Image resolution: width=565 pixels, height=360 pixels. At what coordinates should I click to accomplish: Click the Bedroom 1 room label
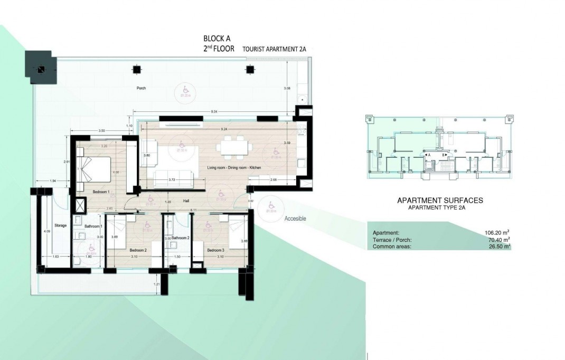click(100, 192)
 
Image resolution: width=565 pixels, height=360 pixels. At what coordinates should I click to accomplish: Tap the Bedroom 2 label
click(138, 250)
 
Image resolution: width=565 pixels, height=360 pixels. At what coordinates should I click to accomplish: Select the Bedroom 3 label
click(215, 250)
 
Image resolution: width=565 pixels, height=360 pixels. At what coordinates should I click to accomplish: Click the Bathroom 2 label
click(180, 238)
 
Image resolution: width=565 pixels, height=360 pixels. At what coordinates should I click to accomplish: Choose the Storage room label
click(60, 225)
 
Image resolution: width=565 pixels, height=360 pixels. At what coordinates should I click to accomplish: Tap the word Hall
click(186, 201)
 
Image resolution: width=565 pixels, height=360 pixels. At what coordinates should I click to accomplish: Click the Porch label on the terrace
click(141, 88)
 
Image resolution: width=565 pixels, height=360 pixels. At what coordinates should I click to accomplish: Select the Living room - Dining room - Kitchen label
click(234, 167)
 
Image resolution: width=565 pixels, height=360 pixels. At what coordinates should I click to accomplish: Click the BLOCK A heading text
click(217, 38)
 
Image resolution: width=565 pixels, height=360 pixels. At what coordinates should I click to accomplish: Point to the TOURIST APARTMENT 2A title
click(274, 49)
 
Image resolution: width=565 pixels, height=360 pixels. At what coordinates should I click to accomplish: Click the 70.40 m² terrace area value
click(498, 239)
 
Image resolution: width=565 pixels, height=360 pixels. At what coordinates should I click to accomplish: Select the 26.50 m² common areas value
click(498, 246)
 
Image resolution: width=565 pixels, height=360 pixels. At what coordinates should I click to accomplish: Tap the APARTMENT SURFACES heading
click(439, 201)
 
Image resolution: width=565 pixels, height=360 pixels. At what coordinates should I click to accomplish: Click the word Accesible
click(295, 219)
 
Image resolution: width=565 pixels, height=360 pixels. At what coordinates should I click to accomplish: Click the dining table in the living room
click(234, 147)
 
